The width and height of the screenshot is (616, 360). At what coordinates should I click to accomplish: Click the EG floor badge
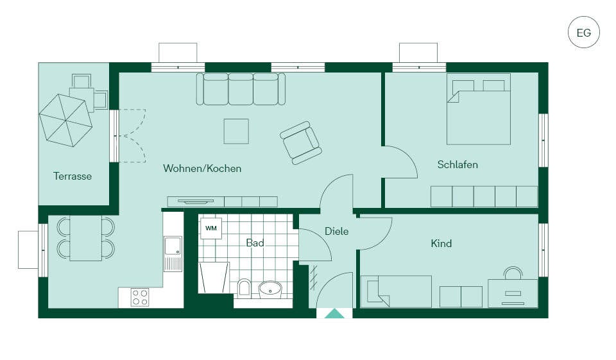(x=584, y=32)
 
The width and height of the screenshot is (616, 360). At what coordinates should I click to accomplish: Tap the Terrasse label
(x=73, y=176)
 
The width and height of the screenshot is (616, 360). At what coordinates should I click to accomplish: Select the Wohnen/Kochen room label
(x=202, y=169)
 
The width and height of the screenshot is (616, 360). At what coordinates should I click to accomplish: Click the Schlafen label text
(x=458, y=164)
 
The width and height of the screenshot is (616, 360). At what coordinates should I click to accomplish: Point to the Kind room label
(x=441, y=243)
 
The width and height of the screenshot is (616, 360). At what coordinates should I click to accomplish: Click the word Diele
(x=336, y=231)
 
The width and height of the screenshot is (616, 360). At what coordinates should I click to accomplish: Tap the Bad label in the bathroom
(x=255, y=243)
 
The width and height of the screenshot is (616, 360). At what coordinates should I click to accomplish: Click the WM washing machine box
(x=211, y=228)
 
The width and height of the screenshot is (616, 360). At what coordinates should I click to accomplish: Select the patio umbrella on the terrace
(x=65, y=120)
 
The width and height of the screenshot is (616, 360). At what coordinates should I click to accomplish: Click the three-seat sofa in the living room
(x=241, y=89)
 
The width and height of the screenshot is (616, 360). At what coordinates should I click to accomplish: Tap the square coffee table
(x=236, y=132)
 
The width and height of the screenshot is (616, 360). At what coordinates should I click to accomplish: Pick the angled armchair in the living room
(x=301, y=142)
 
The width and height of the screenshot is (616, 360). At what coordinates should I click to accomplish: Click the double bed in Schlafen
(x=479, y=109)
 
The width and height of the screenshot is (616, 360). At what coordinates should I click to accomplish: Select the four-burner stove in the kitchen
(x=141, y=297)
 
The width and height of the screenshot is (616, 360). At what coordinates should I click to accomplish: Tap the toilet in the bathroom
(x=244, y=287)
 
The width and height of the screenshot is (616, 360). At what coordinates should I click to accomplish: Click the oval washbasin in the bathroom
(x=270, y=289)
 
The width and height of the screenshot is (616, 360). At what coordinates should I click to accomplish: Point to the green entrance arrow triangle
(x=334, y=314)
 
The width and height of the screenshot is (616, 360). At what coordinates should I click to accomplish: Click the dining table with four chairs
(x=85, y=238)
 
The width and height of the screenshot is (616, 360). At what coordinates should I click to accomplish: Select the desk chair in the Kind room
(x=513, y=273)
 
